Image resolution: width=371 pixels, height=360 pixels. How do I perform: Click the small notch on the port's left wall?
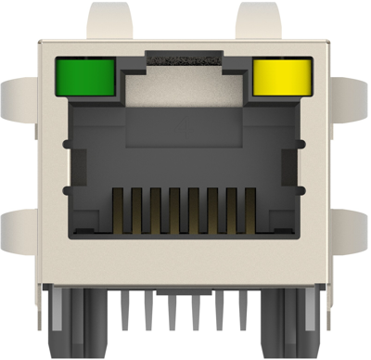pos(68,189)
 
